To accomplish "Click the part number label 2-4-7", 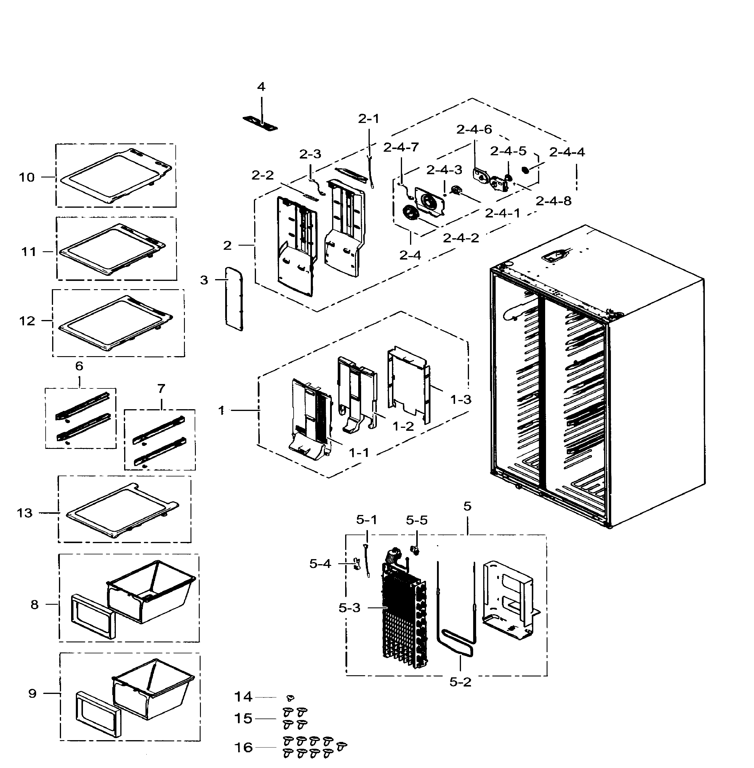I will point(401,147).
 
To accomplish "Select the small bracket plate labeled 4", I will point(260,124).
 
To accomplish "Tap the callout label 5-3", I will point(349,608).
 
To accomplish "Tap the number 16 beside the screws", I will point(243,747).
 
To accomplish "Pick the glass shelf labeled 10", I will point(115,176).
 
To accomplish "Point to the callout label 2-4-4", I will point(567,152).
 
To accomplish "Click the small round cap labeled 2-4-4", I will point(526,170).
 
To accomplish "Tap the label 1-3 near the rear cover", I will point(461,400).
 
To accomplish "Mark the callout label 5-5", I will point(417,520).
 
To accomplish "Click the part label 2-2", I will point(262,175).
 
